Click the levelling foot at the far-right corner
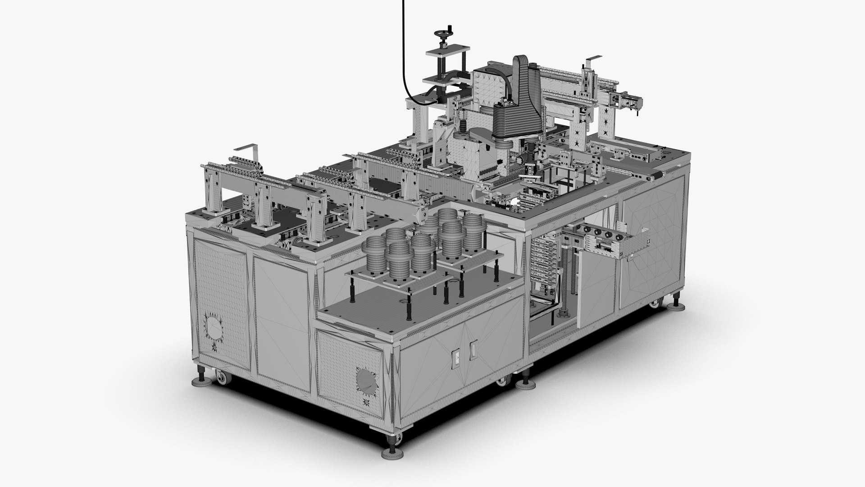point(677,298)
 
